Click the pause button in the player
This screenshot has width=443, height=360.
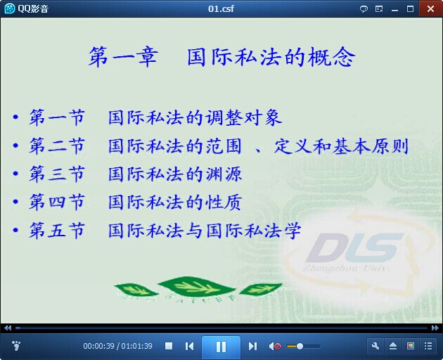pos(221,347)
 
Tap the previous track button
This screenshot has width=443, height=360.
pos(189,346)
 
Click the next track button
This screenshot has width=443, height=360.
pos(252,346)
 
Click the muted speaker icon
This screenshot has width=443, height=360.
pos(275,346)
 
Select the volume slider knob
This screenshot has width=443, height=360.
pos(300,346)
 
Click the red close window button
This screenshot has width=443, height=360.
pos(430,8)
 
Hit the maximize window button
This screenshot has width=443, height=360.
pos(410,9)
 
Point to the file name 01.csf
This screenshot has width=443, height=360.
pos(221,8)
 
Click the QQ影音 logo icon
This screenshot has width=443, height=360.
pos(10,8)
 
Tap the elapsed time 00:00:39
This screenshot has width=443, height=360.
pos(99,346)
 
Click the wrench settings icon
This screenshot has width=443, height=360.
pos(375,346)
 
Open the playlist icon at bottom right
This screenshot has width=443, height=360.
pos(428,346)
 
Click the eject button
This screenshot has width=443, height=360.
pos(393,346)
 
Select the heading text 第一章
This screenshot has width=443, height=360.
pos(124,57)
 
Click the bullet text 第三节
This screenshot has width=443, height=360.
pos(57,174)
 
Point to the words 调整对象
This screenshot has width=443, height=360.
pos(243,117)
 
